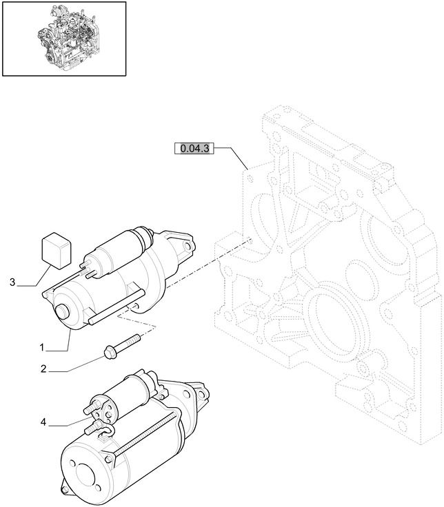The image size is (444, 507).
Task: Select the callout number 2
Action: coord(43,369)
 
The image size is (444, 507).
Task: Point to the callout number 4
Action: coord(43,422)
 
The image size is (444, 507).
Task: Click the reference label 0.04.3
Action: coord(196,148)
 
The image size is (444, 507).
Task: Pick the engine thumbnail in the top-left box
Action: coord(64,38)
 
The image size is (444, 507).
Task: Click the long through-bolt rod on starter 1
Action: coord(114,309)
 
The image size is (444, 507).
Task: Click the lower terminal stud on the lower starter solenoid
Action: coord(92,428)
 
